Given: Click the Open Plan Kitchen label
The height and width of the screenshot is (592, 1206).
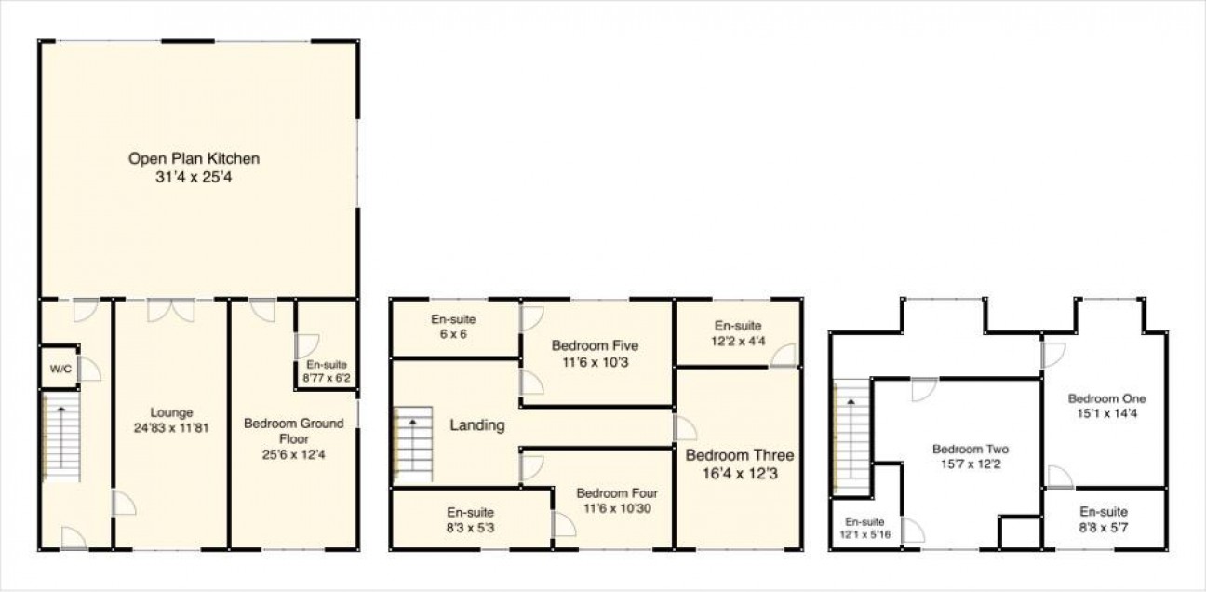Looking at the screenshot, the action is point(194,158).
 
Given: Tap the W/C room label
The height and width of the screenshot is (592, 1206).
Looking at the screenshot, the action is point(60,370).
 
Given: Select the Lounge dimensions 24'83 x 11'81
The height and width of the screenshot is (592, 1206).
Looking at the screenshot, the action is point(171,428).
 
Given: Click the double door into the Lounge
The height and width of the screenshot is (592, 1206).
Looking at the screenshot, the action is point(171,311).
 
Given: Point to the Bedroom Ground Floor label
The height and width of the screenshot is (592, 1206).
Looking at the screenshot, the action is point(294,431).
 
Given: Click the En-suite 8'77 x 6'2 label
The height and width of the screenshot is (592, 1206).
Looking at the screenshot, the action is point(327,371).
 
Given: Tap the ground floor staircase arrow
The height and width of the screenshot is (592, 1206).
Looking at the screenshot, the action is point(61,437).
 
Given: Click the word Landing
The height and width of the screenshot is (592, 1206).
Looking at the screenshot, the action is point(477,425).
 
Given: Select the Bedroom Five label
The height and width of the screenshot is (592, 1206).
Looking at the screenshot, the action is point(595,345).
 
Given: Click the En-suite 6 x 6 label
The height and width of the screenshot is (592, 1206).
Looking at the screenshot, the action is point(453,327).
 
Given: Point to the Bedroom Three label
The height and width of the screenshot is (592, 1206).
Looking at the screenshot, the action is point(740,455).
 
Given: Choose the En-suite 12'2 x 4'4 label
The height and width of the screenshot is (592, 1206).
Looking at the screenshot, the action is point(738,333).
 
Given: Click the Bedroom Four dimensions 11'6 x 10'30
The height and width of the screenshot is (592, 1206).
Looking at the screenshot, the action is point(617,508).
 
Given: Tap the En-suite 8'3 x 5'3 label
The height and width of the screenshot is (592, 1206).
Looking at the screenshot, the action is point(471,520).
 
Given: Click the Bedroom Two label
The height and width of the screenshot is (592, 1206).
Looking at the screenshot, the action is point(971,450).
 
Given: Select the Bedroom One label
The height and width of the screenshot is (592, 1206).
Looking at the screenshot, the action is point(1107,398).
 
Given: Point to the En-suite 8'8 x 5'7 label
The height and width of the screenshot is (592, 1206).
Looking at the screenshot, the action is point(1104,519).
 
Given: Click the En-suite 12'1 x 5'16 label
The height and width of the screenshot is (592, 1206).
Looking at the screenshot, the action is point(864,529).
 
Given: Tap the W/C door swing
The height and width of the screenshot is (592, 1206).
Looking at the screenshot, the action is point(89,369).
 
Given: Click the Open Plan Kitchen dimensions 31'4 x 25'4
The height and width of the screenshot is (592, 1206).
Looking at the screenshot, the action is point(194,177).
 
